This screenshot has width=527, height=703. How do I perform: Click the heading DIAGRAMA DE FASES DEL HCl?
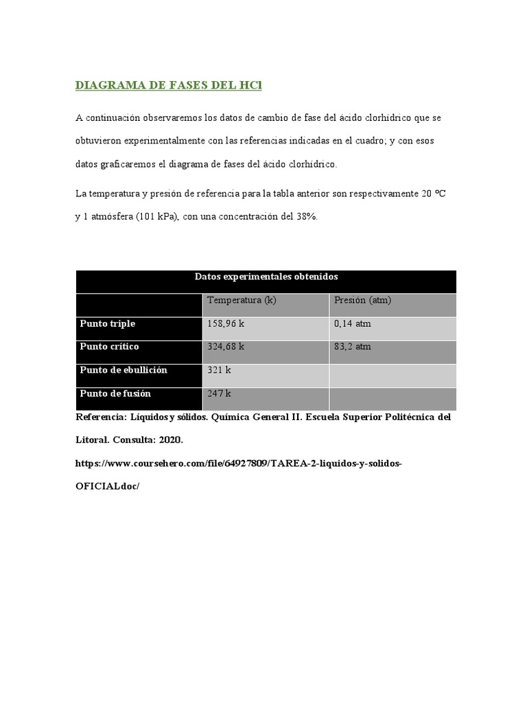(x=169, y=86)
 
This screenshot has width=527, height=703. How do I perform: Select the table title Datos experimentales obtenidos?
(x=266, y=277)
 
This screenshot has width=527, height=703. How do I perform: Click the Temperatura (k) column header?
(x=242, y=301)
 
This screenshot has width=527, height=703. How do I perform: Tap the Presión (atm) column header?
(x=362, y=301)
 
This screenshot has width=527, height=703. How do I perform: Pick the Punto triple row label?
(x=108, y=323)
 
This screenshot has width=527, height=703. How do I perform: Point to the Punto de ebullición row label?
(x=124, y=370)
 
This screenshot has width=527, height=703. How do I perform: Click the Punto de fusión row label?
(x=115, y=394)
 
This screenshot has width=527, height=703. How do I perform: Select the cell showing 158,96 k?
(x=226, y=323)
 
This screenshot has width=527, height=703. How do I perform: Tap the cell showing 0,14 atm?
(x=353, y=323)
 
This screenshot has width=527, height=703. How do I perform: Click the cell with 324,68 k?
(x=226, y=347)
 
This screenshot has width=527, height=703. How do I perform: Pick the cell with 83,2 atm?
(x=353, y=347)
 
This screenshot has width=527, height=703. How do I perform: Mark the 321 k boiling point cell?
(x=219, y=370)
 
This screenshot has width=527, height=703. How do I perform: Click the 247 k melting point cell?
(x=219, y=394)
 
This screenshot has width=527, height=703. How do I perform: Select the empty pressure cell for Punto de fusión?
(x=393, y=398)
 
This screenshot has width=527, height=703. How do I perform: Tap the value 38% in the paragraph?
(x=307, y=217)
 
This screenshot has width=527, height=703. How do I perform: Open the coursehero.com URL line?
(x=238, y=464)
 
